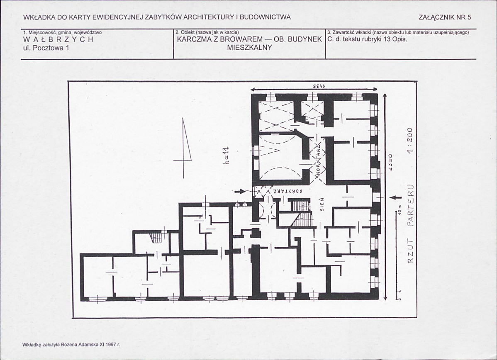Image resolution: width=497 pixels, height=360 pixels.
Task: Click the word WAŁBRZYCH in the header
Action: coord(58,40)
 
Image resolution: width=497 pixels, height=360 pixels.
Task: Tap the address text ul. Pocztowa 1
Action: coord(46,48)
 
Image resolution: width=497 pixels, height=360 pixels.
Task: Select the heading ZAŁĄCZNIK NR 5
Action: coord(445,17)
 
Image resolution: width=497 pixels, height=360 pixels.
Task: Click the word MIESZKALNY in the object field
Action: coord(250,48)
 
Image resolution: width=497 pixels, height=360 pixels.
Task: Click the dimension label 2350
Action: coord(390,162)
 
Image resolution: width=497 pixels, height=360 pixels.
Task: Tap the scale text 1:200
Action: coord(410,140)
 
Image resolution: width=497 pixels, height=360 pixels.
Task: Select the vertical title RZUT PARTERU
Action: coord(410,224)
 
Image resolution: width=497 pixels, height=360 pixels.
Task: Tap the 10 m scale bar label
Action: coord(400,212)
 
